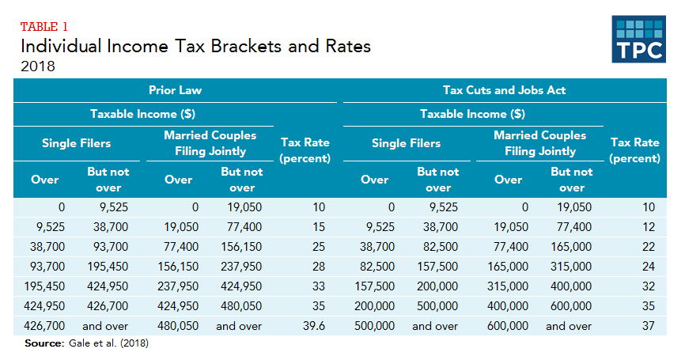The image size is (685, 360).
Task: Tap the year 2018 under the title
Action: [38, 66]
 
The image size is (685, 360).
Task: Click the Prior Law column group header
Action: [175, 90]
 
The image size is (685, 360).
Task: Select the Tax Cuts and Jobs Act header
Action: [504, 90]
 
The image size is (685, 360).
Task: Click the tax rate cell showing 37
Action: [649, 325]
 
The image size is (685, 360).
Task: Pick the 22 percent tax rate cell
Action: [649, 247]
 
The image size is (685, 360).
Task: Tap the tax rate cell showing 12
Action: [649, 227]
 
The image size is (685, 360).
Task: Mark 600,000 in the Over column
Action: [507, 325]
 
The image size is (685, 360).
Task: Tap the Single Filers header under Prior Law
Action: [76, 143]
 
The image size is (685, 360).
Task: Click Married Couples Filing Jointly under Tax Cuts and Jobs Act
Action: [540, 143]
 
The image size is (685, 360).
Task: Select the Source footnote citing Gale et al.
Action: [87, 343]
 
